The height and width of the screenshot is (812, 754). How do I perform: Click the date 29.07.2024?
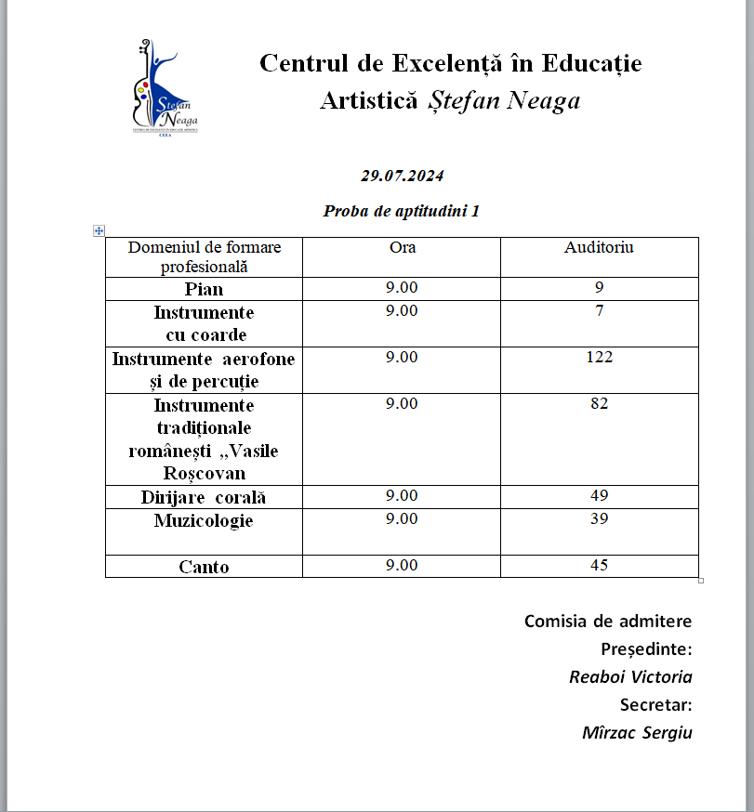pos(403,176)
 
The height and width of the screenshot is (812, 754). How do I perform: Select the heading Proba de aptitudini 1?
pos(402,211)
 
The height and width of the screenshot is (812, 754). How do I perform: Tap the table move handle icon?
pos(99,230)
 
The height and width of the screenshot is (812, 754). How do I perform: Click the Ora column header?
pos(402,247)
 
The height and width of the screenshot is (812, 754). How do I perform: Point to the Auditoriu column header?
pos(599,247)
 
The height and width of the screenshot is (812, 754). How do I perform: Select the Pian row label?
pos(204,289)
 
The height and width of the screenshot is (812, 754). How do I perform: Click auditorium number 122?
pos(599,357)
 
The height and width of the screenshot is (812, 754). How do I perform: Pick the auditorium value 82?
pos(599,403)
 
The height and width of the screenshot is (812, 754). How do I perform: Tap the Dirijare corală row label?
pos(204,497)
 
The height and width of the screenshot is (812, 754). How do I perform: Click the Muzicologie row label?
pos(204,520)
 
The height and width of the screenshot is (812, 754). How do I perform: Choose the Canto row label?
pos(204,567)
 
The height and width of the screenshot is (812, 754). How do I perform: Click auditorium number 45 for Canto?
pos(599,565)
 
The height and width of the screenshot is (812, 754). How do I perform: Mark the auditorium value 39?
pos(599,518)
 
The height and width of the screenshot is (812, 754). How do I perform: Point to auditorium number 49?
pos(599,495)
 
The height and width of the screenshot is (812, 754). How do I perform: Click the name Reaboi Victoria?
pos(630,677)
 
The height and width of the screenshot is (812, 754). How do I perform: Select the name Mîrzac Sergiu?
pos(637,733)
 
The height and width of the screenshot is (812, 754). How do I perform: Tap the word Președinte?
pos(646,648)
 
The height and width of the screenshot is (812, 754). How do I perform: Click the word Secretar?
pos(655,705)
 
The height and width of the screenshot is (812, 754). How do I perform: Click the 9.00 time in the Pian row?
pos(402,287)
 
